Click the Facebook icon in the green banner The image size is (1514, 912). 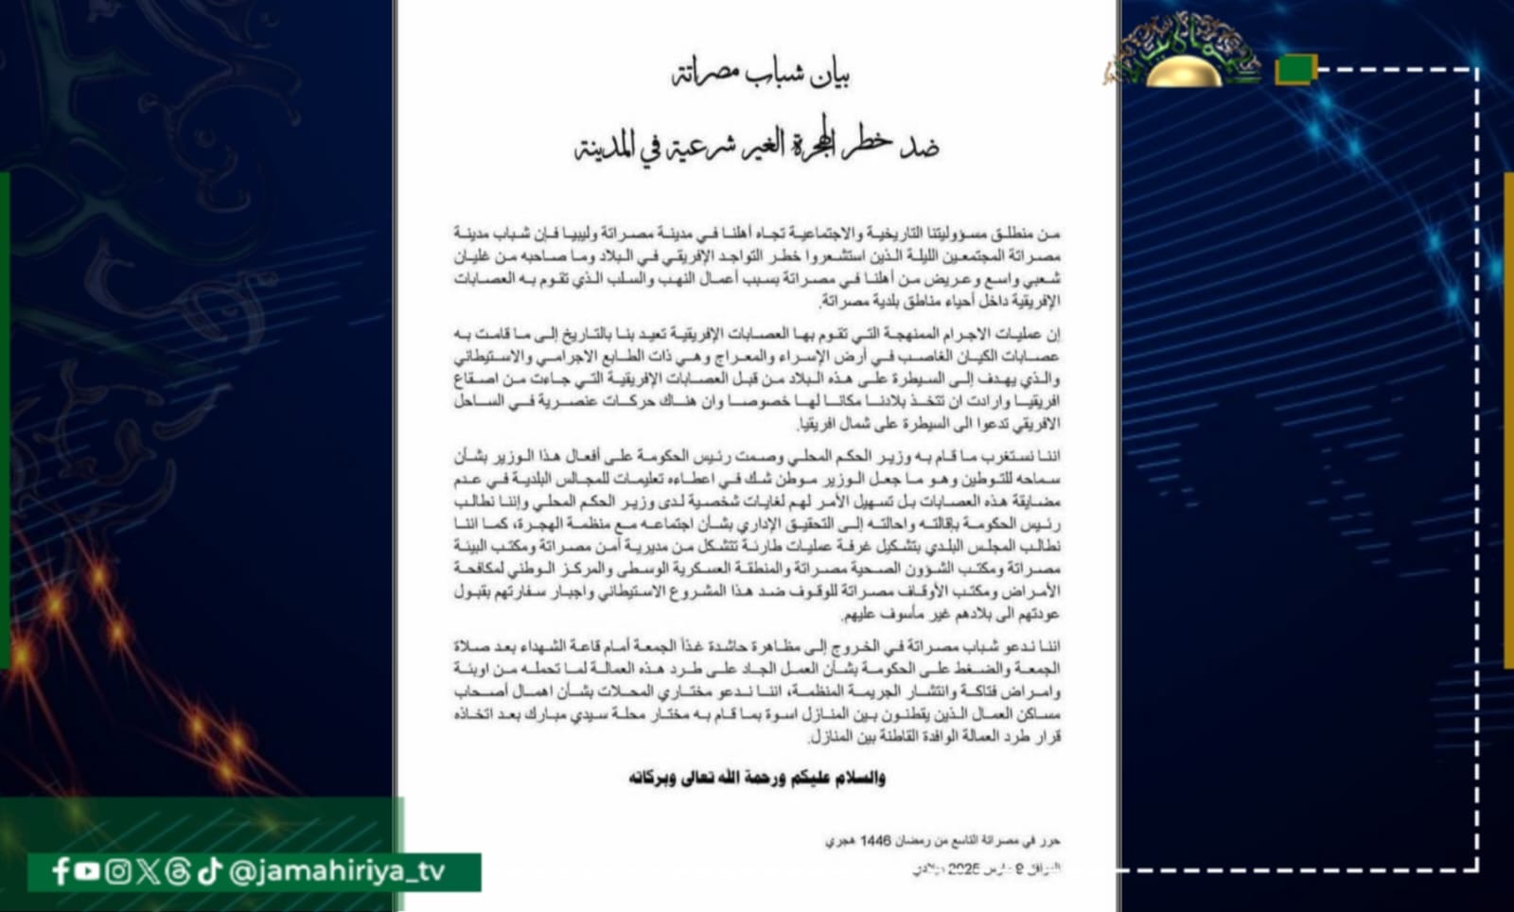(x=62, y=871)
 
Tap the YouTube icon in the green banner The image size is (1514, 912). (x=88, y=871)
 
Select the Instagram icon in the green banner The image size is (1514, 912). (x=118, y=871)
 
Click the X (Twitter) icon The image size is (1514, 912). (x=149, y=871)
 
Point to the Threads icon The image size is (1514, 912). (x=178, y=871)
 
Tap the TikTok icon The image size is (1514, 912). (x=209, y=871)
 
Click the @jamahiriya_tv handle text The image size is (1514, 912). (x=337, y=871)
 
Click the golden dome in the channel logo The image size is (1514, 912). (x=1182, y=72)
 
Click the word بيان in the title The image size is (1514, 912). (x=830, y=75)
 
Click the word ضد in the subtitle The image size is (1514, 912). (x=919, y=147)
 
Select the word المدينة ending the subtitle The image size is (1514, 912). (x=606, y=149)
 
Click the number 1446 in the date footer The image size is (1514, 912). (x=876, y=841)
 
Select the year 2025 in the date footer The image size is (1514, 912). (x=963, y=868)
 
